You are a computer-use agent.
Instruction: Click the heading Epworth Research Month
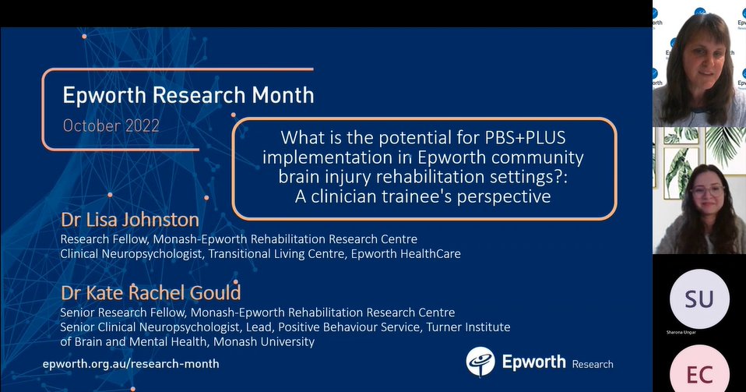click(x=188, y=95)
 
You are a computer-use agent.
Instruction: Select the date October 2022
click(x=111, y=125)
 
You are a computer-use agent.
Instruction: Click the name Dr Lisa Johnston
click(x=130, y=221)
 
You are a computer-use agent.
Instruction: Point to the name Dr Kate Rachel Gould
click(x=151, y=293)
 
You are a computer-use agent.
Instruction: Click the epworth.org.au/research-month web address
click(x=131, y=363)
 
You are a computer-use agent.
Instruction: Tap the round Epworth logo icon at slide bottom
click(x=480, y=362)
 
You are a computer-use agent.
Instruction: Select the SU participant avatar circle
click(x=698, y=299)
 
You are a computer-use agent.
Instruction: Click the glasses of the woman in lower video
click(x=707, y=190)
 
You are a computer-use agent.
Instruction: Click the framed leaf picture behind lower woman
click(x=671, y=160)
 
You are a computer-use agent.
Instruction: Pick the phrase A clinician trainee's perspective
click(x=423, y=196)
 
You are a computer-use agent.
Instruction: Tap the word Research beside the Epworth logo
click(x=592, y=364)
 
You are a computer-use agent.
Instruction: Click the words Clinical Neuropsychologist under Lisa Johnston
click(x=119, y=253)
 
